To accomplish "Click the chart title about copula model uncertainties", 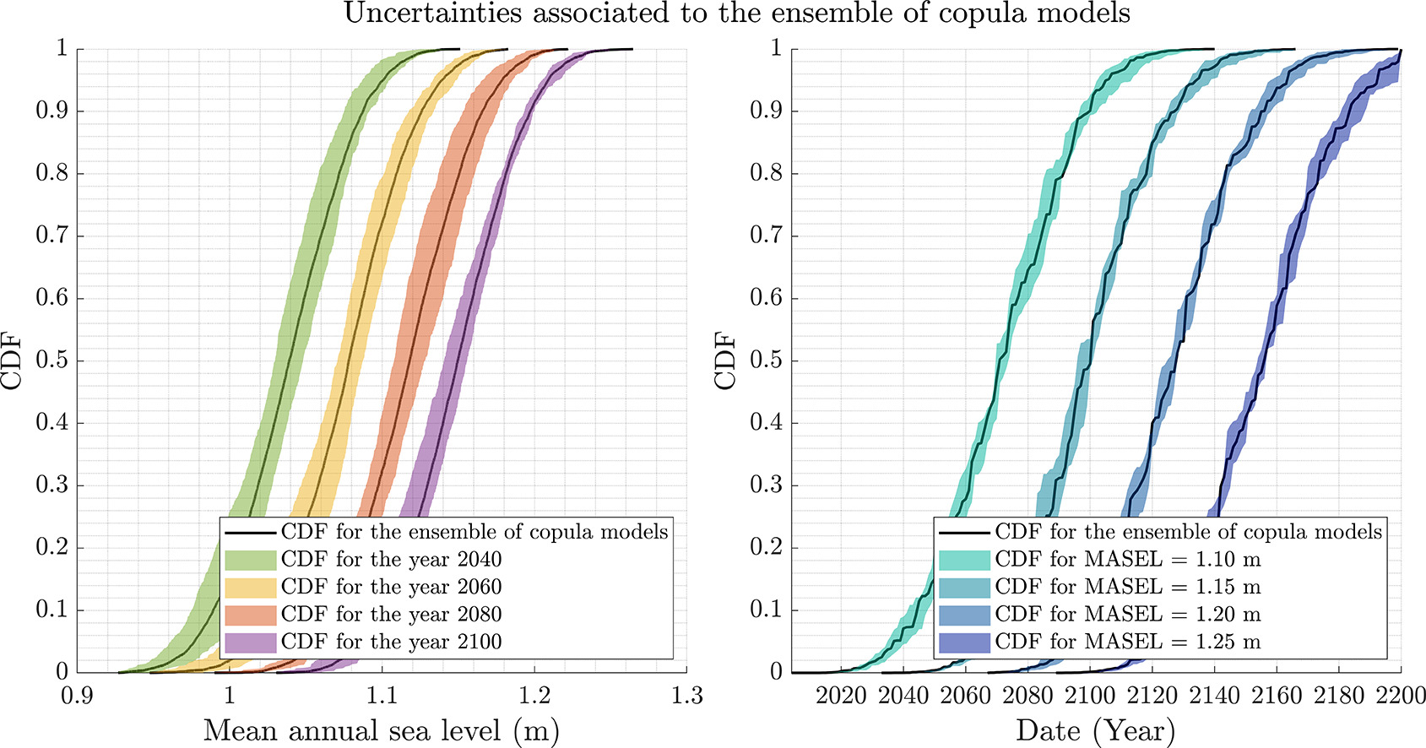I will pyautogui.click(x=736, y=14).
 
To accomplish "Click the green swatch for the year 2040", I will pyautogui.click(x=250, y=560).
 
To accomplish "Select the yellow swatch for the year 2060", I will pyautogui.click(x=250, y=588).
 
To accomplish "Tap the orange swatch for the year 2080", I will pyautogui.click(x=250, y=615).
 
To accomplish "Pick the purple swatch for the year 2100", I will pyautogui.click(x=250, y=642).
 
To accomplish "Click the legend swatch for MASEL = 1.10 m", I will pyautogui.click(x=964, y=560).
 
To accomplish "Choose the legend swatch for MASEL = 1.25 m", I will pyautogui.click(x=964, y=642).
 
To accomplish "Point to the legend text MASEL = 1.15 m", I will pyautogui.click(x=1128, y=588).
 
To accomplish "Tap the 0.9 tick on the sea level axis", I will pyautogui.click(x=78, y=697).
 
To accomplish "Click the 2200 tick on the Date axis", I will pyautogui.click(x=1402, y=697).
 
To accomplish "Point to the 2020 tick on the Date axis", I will pyautogui.click(x=841, y=697).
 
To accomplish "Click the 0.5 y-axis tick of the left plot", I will pyautogui.click(x=52, y=360).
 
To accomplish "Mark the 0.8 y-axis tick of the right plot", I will pyautogui.click(x=766, y=173).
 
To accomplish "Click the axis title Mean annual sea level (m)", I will pyautogui.click(x=382, y=731).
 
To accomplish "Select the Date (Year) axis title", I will pyautogui.click(x=1095, y=731).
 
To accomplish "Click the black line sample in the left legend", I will pyautogui.click(x=250, y=533).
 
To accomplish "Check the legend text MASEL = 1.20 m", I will pyautogui.click(x=1128, y=615).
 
